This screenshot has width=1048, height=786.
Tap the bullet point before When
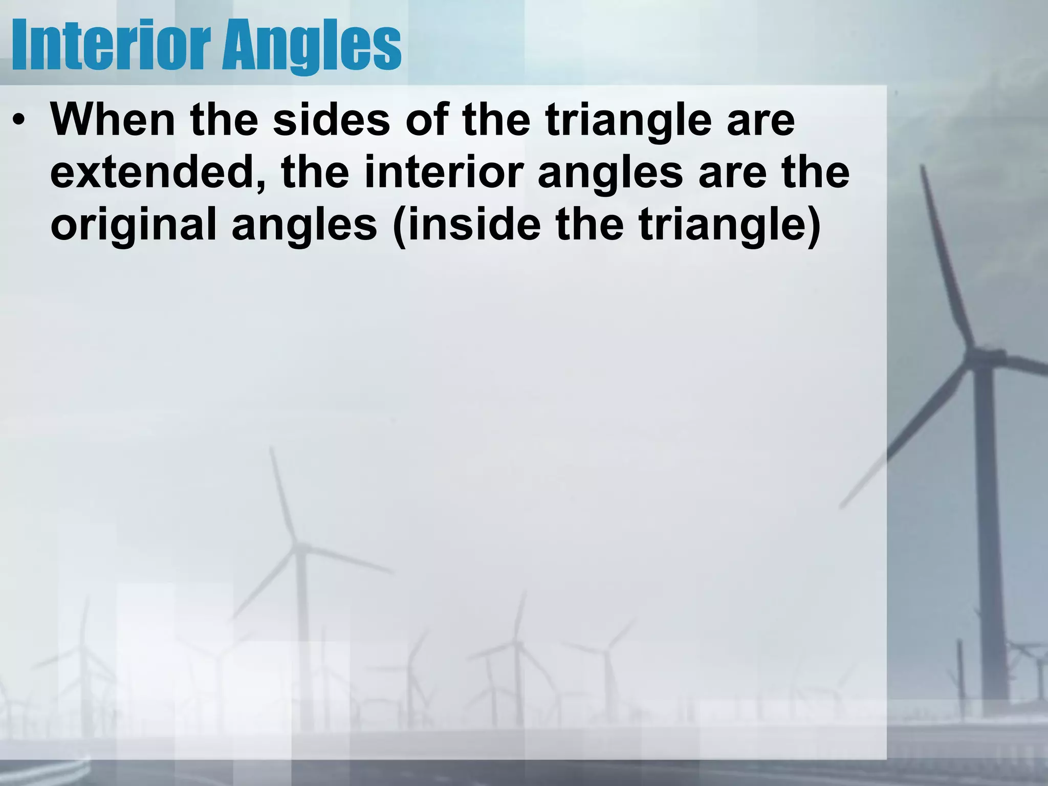[19, 122]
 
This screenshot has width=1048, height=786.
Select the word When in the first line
[113, 120]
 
